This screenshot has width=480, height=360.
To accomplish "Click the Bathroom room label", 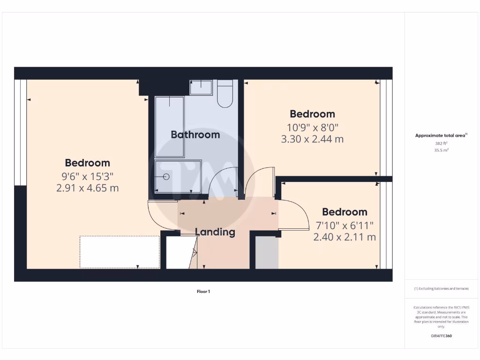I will click(195, 135).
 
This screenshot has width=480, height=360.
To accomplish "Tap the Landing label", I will click(215, 232).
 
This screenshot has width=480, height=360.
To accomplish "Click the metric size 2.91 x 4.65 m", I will click(87, 188).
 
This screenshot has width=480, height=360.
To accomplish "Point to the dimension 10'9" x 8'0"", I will click(312, 127).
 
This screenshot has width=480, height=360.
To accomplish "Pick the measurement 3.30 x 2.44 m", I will click(312, 139).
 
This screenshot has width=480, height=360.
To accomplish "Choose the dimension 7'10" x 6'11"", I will click(345, 225).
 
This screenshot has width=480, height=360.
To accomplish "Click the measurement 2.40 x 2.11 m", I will click(345, 237).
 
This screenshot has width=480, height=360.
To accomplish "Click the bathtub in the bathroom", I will click(170, 127).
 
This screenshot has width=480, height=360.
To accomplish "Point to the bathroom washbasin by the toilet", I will click(201, 87).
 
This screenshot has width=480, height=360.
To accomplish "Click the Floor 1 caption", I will click(203, 292).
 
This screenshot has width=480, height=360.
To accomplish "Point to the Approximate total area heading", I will click(441, 135).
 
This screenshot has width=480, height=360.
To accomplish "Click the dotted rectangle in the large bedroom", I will click(120, 252).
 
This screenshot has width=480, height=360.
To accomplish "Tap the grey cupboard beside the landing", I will click(267, 253).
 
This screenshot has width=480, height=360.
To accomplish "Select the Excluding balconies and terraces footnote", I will click(441, 289).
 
